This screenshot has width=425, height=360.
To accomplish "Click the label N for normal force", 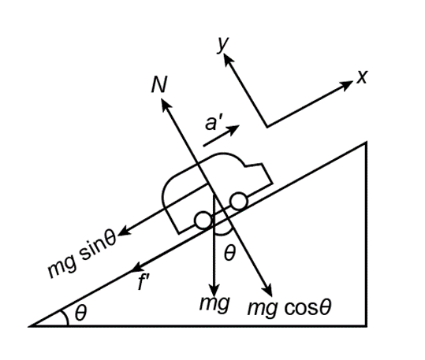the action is (159, 84).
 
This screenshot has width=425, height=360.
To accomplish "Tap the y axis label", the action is (223, 44).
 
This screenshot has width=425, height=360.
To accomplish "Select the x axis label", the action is (362, 76).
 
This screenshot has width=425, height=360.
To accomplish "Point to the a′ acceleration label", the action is (214, 123).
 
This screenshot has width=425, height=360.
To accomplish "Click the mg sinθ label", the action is (81, 254).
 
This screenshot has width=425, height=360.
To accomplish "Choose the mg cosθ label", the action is (289, 308).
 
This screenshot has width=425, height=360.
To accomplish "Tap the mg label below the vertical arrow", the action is (214, 304).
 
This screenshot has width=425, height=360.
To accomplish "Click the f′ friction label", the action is (144, 282).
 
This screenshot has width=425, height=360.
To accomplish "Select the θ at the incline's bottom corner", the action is (80, 313).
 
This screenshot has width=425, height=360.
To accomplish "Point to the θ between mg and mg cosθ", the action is (229, 254).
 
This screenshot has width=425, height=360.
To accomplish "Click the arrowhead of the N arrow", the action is (165, 104).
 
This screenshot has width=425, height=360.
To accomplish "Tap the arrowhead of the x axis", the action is (347, 85).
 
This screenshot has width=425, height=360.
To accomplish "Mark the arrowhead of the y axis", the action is (227, 59).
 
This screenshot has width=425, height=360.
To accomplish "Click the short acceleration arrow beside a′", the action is (221, 135).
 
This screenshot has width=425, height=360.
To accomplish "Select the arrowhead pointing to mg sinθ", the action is (125, 232).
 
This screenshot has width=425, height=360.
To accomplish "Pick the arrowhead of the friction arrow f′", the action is (138, 267).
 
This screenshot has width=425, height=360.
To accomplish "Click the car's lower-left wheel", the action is (203, 221).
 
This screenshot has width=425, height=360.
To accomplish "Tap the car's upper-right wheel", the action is (238, 201).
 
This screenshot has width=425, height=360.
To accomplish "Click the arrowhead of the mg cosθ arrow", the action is (267, 290).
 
